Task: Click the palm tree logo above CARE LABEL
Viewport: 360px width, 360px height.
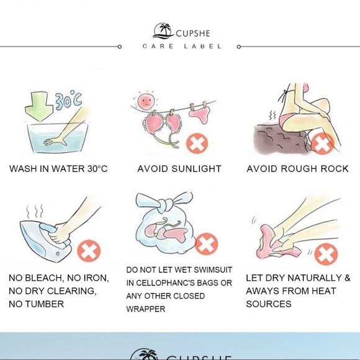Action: [163, 31]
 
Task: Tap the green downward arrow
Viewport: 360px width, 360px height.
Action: [39, 106]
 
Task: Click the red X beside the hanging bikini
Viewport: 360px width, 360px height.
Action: [197, 143]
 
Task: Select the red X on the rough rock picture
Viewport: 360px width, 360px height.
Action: [322, 143]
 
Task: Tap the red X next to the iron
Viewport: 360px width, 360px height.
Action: [89, 251]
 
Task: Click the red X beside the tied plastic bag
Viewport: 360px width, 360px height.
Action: [207, 244]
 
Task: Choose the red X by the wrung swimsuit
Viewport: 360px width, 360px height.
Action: [326, 254]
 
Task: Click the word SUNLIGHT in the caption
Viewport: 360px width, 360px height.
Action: [196, 169]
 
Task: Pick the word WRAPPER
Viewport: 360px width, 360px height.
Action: [146, 309]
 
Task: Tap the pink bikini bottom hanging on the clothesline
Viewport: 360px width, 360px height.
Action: [199, 115]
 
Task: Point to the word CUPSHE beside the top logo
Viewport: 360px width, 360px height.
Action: [193, 34]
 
